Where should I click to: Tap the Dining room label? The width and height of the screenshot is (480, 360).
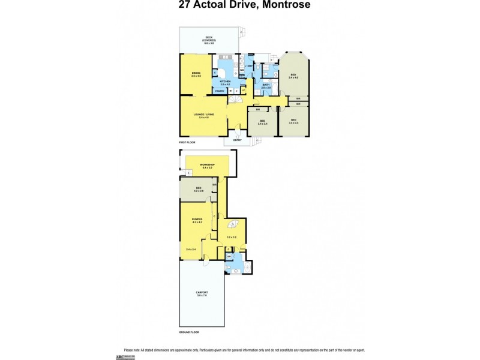tap(196, 74)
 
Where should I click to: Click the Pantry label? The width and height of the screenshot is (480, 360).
tap(220, 91)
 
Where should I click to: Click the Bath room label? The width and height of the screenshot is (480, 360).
tap(266, 86)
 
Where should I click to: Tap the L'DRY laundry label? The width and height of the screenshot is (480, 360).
tap(249, 66)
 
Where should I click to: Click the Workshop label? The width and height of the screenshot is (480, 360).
tap(208, 165)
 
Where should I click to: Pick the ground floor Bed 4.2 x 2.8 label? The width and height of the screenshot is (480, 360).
tap(199, 190)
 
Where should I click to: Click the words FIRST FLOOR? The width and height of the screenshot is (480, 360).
tap(188, 142)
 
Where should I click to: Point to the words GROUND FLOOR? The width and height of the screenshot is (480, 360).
tap(190, 332)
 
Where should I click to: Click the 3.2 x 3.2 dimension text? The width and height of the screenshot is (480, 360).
tap(232, 238)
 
